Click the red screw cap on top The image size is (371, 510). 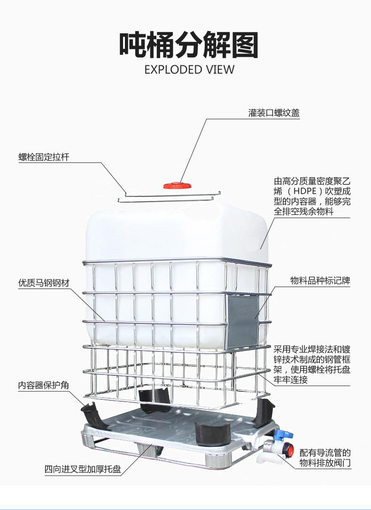[177, 186]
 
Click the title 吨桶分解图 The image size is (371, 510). [188, 45]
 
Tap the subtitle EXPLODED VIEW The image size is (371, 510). [189, 69]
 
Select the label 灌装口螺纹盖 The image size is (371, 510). [274, 113]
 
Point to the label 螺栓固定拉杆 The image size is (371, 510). [44, 157]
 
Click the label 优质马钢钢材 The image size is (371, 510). [44, 283]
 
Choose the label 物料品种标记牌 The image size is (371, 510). [320, 281]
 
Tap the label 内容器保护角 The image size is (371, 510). [44, 385]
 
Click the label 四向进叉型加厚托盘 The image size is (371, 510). [83, 469]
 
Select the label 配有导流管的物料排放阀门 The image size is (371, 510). [325, 457]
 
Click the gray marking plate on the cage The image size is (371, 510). [242, 320]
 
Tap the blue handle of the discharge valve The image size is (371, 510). [283, 434]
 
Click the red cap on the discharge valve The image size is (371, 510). [289, 450]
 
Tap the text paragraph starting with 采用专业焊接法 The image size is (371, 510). [312, 365]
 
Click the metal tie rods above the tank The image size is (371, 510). [169, 197]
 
